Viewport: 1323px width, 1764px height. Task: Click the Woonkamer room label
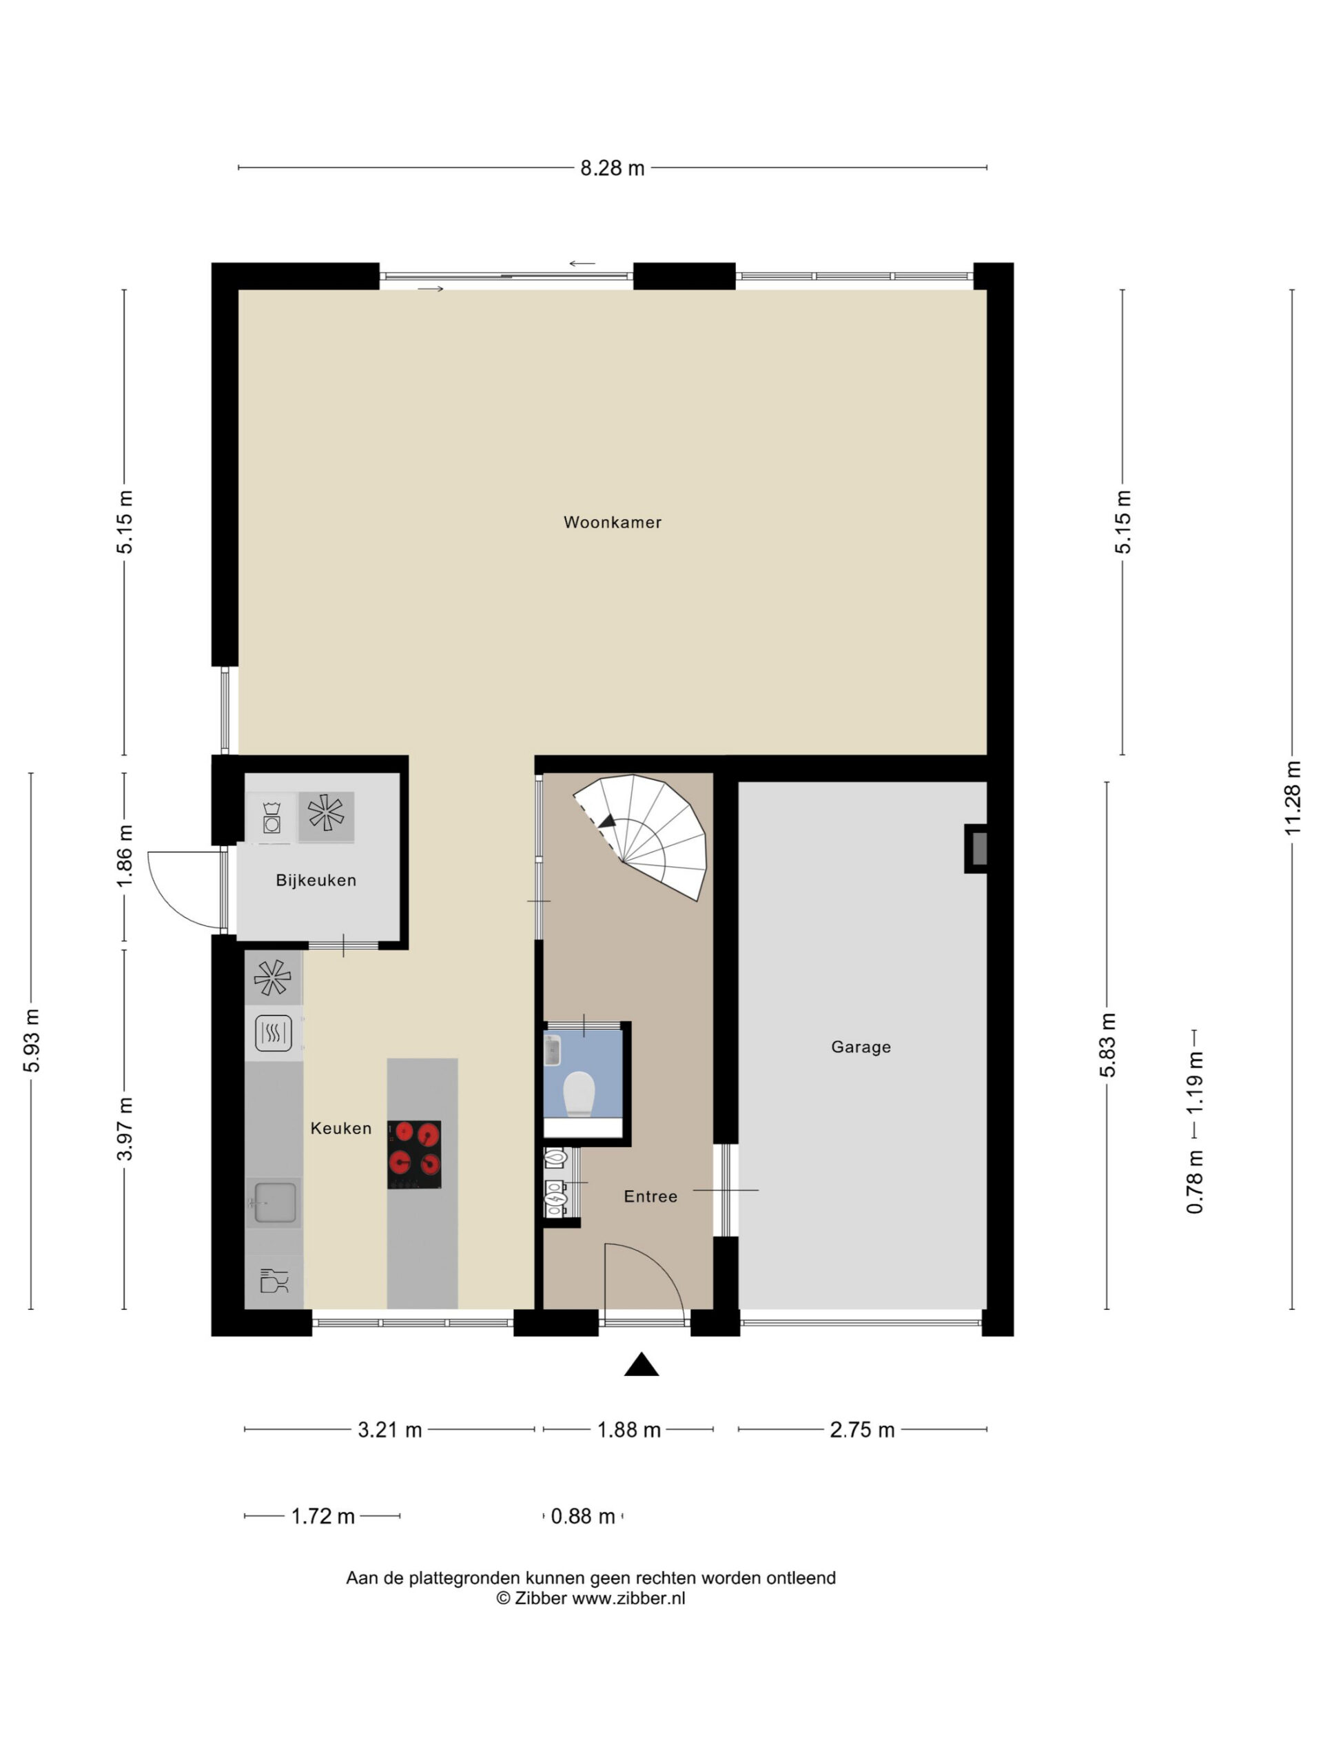[x=612, y=522]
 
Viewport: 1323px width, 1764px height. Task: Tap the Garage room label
[x=861, y=1047]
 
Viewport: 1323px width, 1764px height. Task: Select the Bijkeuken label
[x=316, y=881]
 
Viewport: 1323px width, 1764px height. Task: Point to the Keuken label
[x=340, y=1129]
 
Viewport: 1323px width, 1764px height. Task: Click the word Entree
[x=650, y=1196]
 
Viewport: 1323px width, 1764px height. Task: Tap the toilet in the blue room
[x=579, y=1094]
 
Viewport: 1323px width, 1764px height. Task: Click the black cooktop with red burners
[x=414, y=1155]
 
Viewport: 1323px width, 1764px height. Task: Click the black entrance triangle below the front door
[x=641, y=1364]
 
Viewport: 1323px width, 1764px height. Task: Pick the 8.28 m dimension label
[x=612, y=168]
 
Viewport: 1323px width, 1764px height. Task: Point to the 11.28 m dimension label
[x=1292, y=798]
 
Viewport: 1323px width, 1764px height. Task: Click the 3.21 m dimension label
[x=389, y=1430]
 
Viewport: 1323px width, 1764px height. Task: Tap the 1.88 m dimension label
[x=628, y=1430]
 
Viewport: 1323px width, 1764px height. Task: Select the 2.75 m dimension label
[x=862, y=1430]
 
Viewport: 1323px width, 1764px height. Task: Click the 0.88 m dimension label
[x=583, y=1516]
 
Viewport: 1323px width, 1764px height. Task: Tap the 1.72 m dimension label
[x=322, y=1516]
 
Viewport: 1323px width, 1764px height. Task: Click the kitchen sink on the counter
[x=274, y=1202]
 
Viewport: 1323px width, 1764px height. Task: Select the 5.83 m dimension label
[x=1107, y=1045]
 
